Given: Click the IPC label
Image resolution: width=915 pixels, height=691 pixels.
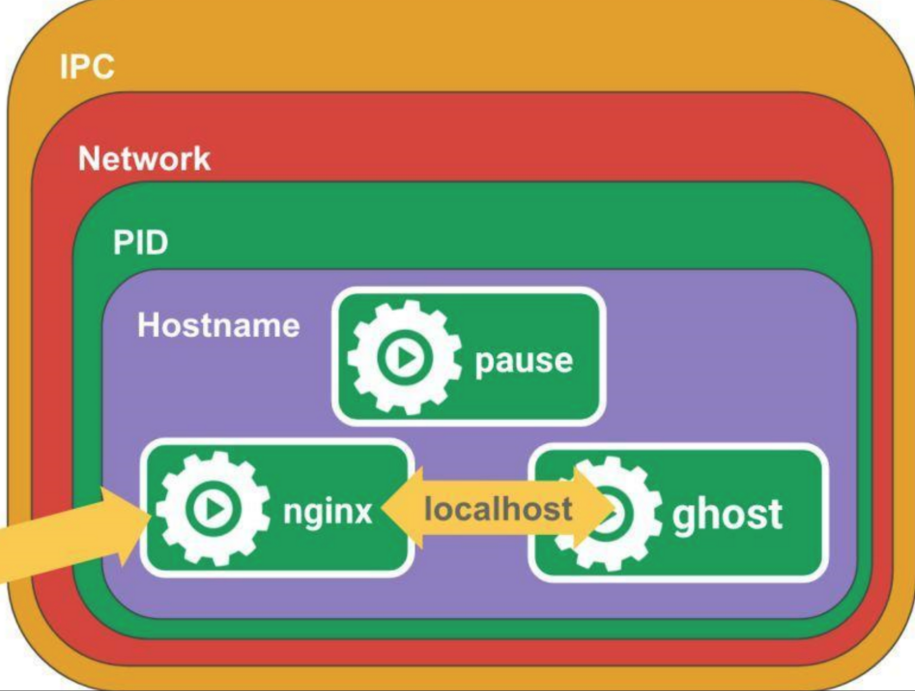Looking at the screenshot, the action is (x=87, y=66).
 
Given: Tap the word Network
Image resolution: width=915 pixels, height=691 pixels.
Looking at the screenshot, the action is (x=144, y=158).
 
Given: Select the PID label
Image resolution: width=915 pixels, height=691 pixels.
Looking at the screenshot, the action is (x=141, y=242).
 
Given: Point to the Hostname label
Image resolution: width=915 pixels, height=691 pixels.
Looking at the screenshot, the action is (x=218, y=325).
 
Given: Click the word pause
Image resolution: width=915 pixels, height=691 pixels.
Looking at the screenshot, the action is (x=524, y=361).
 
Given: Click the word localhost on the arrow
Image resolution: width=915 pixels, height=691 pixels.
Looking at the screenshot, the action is (x=498, y=509).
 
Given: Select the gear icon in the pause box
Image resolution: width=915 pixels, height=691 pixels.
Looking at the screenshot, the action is (x=404, y=358).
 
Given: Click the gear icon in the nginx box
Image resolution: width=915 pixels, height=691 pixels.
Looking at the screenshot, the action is (x=213, y=509).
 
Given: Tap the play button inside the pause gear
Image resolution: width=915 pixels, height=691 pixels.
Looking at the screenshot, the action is (x=405, y=358).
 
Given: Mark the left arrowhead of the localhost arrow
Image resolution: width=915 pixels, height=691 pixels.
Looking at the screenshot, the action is (x=401, y=508).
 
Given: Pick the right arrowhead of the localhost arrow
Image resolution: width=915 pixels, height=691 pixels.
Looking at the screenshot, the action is (x=592, y=508).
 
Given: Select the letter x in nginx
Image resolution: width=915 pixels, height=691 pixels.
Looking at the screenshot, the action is (x=361, y=511).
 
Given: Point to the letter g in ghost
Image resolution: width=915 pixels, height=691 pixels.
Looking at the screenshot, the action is (x=684, y=519).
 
